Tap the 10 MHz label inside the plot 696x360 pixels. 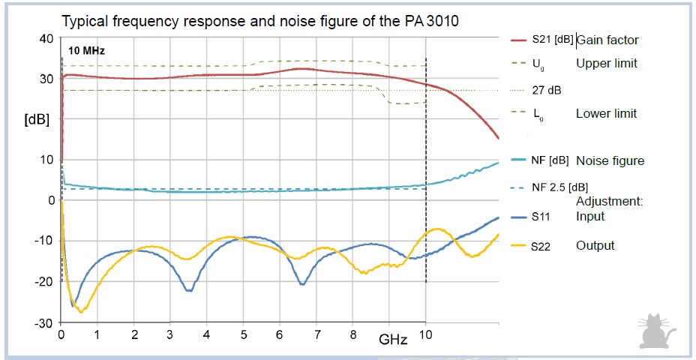click(x=86, y=52)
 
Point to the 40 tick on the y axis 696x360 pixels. click(x=46, y=38)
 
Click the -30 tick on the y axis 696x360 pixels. click(x=43, y=322)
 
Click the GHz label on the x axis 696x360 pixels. click(x=393, y=339)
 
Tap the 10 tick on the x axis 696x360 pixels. click(x=425, y=334)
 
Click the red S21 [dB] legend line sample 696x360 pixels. click(x=519, y=40)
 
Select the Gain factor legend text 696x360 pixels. click(x=607, y=40)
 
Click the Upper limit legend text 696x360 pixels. click(x=606, y=63)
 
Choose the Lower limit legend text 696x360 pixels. click(x=606, y=114)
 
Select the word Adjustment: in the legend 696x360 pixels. click(x=610, y=202)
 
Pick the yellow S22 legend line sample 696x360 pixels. click(x=519, y=245)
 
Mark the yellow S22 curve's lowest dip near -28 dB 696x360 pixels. click(x=81, y=310)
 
